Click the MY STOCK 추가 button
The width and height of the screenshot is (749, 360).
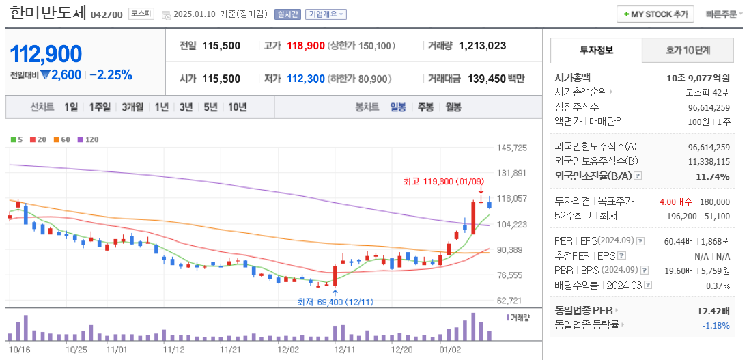[x=655, y=14]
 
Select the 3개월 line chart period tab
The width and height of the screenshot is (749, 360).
[x=132, y=107]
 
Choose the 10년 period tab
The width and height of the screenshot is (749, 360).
[x=238, y=107]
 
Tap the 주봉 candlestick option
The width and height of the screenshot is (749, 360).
[x=425, y=107]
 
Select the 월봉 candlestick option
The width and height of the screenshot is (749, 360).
[x=453, y=107]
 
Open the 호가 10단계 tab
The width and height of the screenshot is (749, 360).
[x=688, y=50]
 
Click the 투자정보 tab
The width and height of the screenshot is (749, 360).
[x=596, y=50]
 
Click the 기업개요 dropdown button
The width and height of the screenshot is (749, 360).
[x=326, y=14]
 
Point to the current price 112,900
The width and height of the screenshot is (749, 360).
[x=46, y=54]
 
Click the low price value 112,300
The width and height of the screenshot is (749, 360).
[x=305, y=79]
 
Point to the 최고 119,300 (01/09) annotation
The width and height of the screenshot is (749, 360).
[x=443, y=181]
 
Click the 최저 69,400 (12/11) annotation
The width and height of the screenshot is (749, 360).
[x=335, y=301]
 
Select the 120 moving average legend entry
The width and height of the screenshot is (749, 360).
[x=89, y=139]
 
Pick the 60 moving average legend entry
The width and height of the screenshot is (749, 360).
[x=62, y=139]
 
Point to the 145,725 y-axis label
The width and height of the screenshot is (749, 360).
[x=512, y=148]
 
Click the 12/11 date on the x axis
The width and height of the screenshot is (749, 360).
[x=343, y=349]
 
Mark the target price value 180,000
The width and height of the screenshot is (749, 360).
[x=715, y=202]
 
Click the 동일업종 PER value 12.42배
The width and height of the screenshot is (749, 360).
[x=713, y=311]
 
